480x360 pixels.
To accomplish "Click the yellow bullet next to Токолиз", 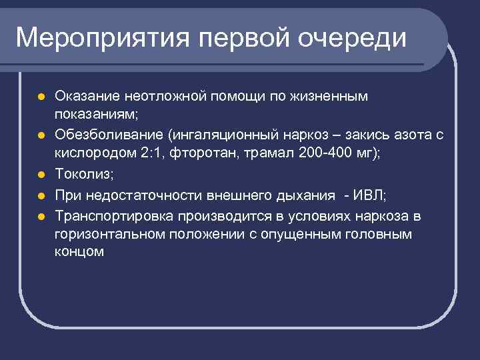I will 41,176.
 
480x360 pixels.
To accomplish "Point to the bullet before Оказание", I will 41,97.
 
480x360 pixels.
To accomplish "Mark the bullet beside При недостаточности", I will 41,196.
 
